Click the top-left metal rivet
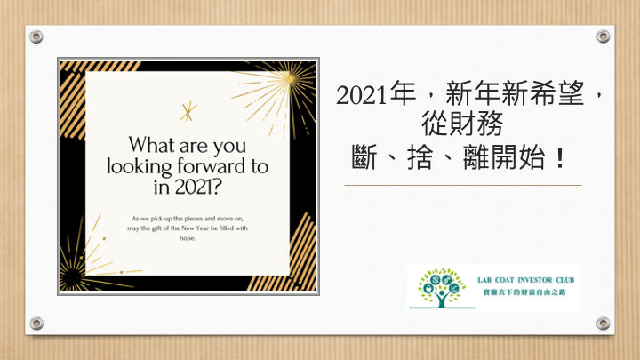tap(36, 36)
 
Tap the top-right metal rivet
tap(604, 36)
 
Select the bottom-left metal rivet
tap(36, 324)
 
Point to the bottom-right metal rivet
tap(604, 324)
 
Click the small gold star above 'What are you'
tap(188, 111)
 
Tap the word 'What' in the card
tap(151, 145)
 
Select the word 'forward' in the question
tap(212, 166)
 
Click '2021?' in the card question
tap(198, 187)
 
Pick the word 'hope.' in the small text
tap(188, 238)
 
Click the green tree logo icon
tap(441, 288)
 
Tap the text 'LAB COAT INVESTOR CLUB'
tap(525, 280)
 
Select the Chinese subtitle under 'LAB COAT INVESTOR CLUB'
tap(524, 292)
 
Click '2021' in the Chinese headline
tap(361, 95)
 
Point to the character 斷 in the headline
tap(364, 157)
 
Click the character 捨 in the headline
tap(420, 157)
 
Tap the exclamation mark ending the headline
tap(560, 158)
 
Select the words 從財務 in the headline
tap(462, 124)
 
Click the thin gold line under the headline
tap(463, 185)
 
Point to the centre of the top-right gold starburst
tap(289, 77)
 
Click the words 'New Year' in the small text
tap(195, 228)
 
